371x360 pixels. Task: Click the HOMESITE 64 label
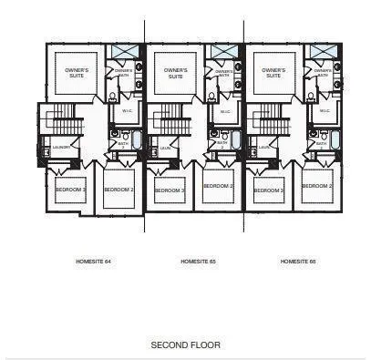pos(93,261)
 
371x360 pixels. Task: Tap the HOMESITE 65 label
pos(198,261)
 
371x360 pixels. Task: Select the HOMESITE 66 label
pos(298,261)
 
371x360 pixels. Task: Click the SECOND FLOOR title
pos(185,345)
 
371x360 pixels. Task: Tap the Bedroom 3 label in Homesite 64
pos(70,190)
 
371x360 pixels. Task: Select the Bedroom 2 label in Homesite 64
pos(119,190)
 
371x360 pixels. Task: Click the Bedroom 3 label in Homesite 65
pos(170,190)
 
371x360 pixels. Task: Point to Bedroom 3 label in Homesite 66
pos(268,190)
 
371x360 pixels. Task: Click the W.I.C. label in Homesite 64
pos(127,112)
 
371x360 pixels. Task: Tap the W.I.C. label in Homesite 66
pos(325,112)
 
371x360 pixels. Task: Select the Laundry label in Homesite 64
pos(61,147)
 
